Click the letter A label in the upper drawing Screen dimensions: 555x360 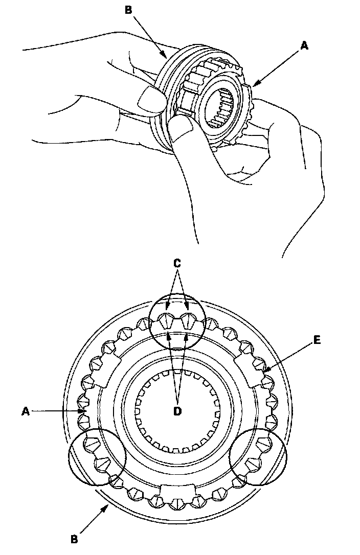304,46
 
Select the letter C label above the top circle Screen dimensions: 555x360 177,264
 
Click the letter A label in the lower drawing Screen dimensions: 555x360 25,409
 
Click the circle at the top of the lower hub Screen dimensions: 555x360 177,321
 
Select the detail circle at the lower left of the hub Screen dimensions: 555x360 97,456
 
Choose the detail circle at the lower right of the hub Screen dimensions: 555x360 258,456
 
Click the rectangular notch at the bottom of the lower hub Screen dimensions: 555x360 177,492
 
